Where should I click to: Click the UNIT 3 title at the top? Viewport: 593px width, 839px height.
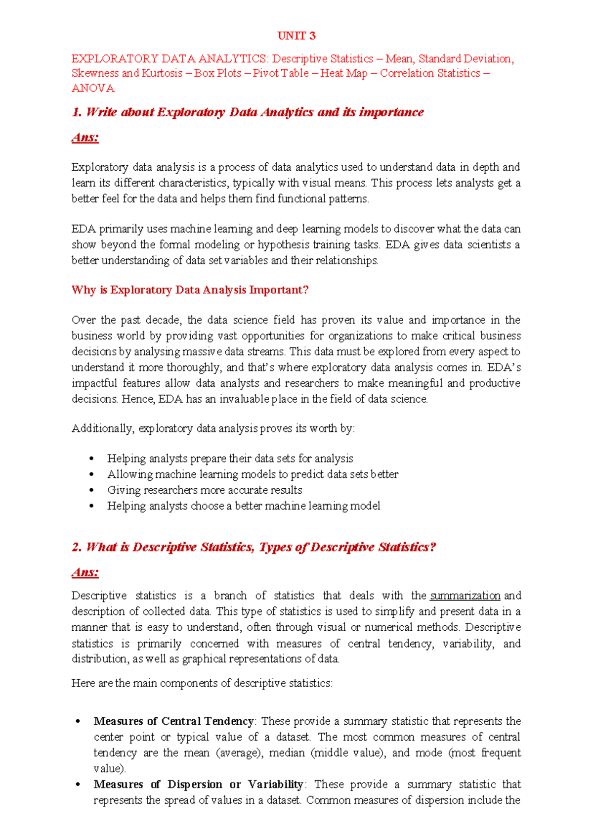[296, 36]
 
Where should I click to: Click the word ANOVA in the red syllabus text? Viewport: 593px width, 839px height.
[93, 88]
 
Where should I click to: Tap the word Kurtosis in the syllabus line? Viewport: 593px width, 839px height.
[162, 73]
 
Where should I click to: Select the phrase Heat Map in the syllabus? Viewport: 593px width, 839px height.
[344, 73]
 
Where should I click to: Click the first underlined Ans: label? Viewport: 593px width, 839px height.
[85, 137]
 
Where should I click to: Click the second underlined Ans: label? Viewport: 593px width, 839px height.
[85, 572]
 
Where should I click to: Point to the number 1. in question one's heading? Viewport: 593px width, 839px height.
[77, 112]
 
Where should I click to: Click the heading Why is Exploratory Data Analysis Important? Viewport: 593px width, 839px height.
[190, 290]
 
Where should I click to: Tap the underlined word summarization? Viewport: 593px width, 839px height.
[465, 596]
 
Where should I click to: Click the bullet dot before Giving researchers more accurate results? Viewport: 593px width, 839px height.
[91, 490]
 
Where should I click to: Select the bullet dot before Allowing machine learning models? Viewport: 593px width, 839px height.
[91, 474]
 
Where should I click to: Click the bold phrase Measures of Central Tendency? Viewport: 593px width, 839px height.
[173, 721]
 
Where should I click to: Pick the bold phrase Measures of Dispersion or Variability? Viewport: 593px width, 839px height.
[199, 785]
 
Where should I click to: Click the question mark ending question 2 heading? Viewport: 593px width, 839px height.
[433, 547]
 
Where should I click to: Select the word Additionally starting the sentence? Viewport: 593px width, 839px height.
[103, 428]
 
